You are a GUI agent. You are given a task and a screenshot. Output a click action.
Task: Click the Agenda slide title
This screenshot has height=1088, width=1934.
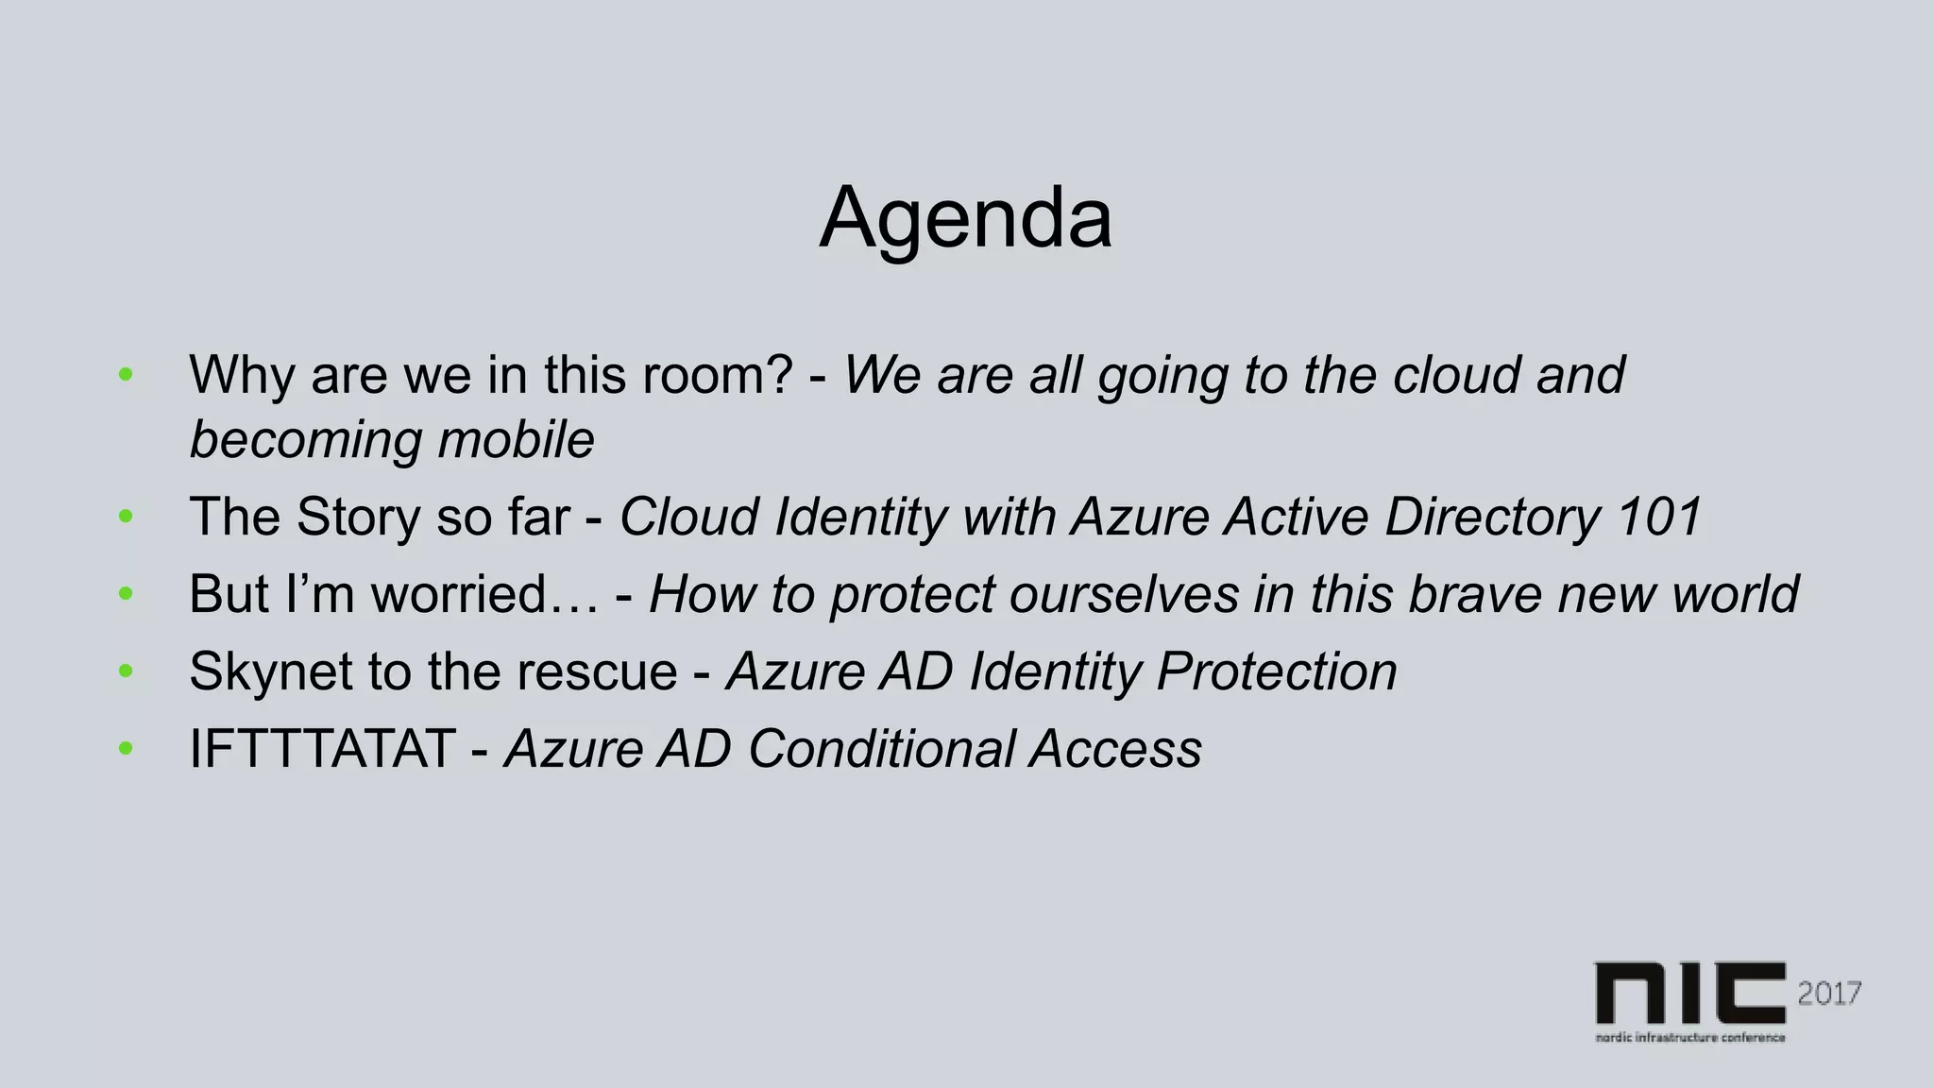(x=965, y=219)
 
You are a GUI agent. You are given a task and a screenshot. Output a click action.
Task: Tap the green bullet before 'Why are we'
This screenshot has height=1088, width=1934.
(x=126, y=375)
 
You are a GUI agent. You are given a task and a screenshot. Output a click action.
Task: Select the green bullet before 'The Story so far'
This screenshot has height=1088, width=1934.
(x=126, y=517)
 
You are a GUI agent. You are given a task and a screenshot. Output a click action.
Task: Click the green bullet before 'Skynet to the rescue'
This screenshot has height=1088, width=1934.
(x=126, y=671)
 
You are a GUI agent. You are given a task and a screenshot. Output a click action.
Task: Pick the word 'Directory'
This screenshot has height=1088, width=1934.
(x=1492, y=517)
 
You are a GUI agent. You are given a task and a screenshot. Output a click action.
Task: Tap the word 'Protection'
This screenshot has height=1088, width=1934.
(x=1277, y=671)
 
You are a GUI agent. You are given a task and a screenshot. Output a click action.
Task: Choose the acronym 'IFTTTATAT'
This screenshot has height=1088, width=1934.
(x=322, y=749)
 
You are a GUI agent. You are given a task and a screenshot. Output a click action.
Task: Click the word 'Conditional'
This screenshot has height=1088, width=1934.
(x=881, y=749)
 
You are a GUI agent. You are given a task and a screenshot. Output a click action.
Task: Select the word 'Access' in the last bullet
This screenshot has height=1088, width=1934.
(x=1116, y=749)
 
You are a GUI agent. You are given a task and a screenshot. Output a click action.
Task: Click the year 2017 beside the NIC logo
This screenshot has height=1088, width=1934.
(x=1829, y=994)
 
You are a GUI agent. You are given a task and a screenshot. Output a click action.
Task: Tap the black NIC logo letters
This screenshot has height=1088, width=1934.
(x=1690, y=994)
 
